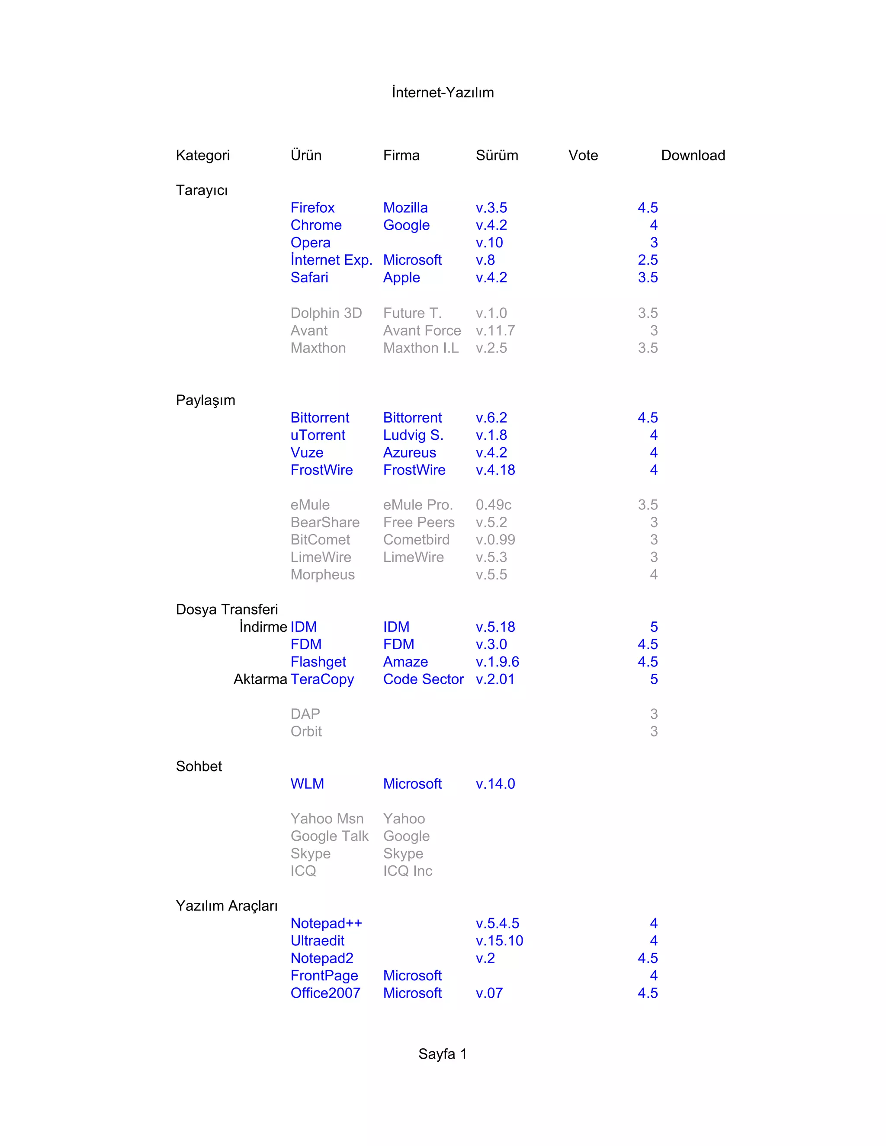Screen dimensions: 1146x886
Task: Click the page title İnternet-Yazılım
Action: coord(443,93)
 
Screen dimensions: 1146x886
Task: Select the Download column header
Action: coord(693,155)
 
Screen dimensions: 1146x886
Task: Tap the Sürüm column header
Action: coord(497,155)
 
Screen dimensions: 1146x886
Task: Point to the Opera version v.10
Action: coord(489,243)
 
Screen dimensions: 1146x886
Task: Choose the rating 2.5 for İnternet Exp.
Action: coord(647,260)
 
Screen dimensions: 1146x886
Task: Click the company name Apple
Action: coord(401,278)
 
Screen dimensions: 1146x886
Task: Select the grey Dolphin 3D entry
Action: coord(326,313)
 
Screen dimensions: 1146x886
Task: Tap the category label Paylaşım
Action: coord(205,400)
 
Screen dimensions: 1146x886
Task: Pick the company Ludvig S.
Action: coord(413,435)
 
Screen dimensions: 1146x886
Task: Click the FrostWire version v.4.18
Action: coord(495,470)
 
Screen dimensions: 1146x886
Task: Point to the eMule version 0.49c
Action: coord(493,505)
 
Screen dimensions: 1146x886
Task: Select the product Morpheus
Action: coord(322,575)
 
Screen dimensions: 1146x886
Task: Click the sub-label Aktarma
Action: coord(260,679)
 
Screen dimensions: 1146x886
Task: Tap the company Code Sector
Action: coord(423,679)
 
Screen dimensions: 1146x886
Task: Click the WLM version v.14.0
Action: coord(495,784)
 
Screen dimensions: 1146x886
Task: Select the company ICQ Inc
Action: coord(407,871)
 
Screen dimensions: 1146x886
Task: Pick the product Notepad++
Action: coord(326,924)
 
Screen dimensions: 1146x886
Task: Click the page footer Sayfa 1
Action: coord(443,1054)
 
